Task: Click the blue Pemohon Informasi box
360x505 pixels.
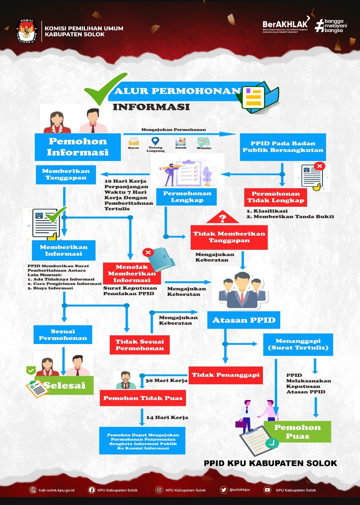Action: [78, 146]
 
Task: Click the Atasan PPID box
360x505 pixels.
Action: [244, 320]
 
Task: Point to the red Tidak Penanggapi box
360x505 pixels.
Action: [226, 375]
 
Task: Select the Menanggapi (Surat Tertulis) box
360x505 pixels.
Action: [298, 344]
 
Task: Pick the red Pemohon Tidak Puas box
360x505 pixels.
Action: [143, 398]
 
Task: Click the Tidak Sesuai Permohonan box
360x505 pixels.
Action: [139, 345]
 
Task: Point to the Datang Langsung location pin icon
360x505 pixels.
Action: [156, 141]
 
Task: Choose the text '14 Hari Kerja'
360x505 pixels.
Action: [167, 417]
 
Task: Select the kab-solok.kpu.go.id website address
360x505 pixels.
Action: [58, 490]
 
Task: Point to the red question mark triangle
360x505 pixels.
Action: [223, 217]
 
